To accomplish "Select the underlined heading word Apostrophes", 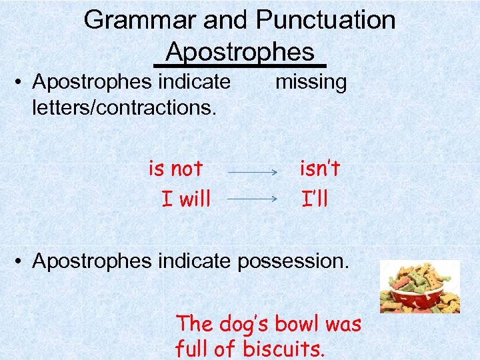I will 239,51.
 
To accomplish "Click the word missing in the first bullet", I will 311,83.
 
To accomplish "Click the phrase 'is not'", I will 175,169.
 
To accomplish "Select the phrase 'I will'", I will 186,198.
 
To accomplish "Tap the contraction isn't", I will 320,169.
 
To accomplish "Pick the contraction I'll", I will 315,198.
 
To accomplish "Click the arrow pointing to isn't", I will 253,173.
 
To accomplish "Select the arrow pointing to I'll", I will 253,199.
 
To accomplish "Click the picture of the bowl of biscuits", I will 419,287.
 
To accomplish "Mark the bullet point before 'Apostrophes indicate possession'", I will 21,261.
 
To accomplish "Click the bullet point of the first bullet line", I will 21,83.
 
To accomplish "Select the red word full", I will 193,349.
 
